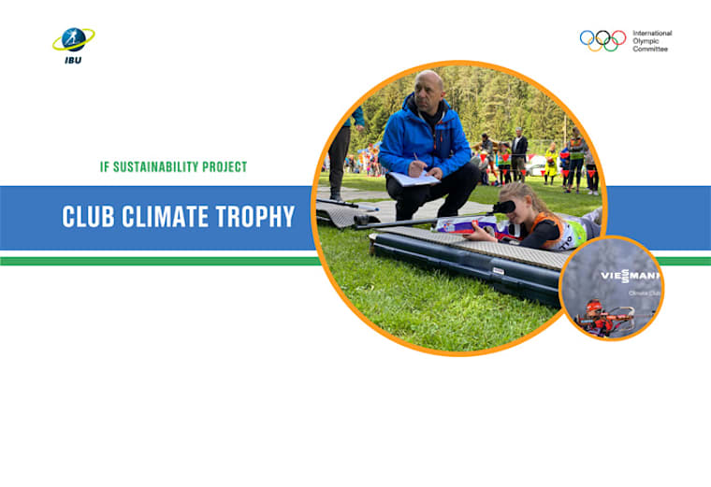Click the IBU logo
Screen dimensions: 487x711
72,41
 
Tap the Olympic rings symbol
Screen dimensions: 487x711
602,40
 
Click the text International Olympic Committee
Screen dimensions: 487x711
652,40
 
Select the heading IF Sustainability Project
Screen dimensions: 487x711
173,167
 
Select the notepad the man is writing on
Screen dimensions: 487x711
413,179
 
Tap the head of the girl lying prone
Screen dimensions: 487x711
524,200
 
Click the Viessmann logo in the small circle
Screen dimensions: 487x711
630,276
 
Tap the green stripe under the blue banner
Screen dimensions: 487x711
159,261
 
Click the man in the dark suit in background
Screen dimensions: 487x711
519,154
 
